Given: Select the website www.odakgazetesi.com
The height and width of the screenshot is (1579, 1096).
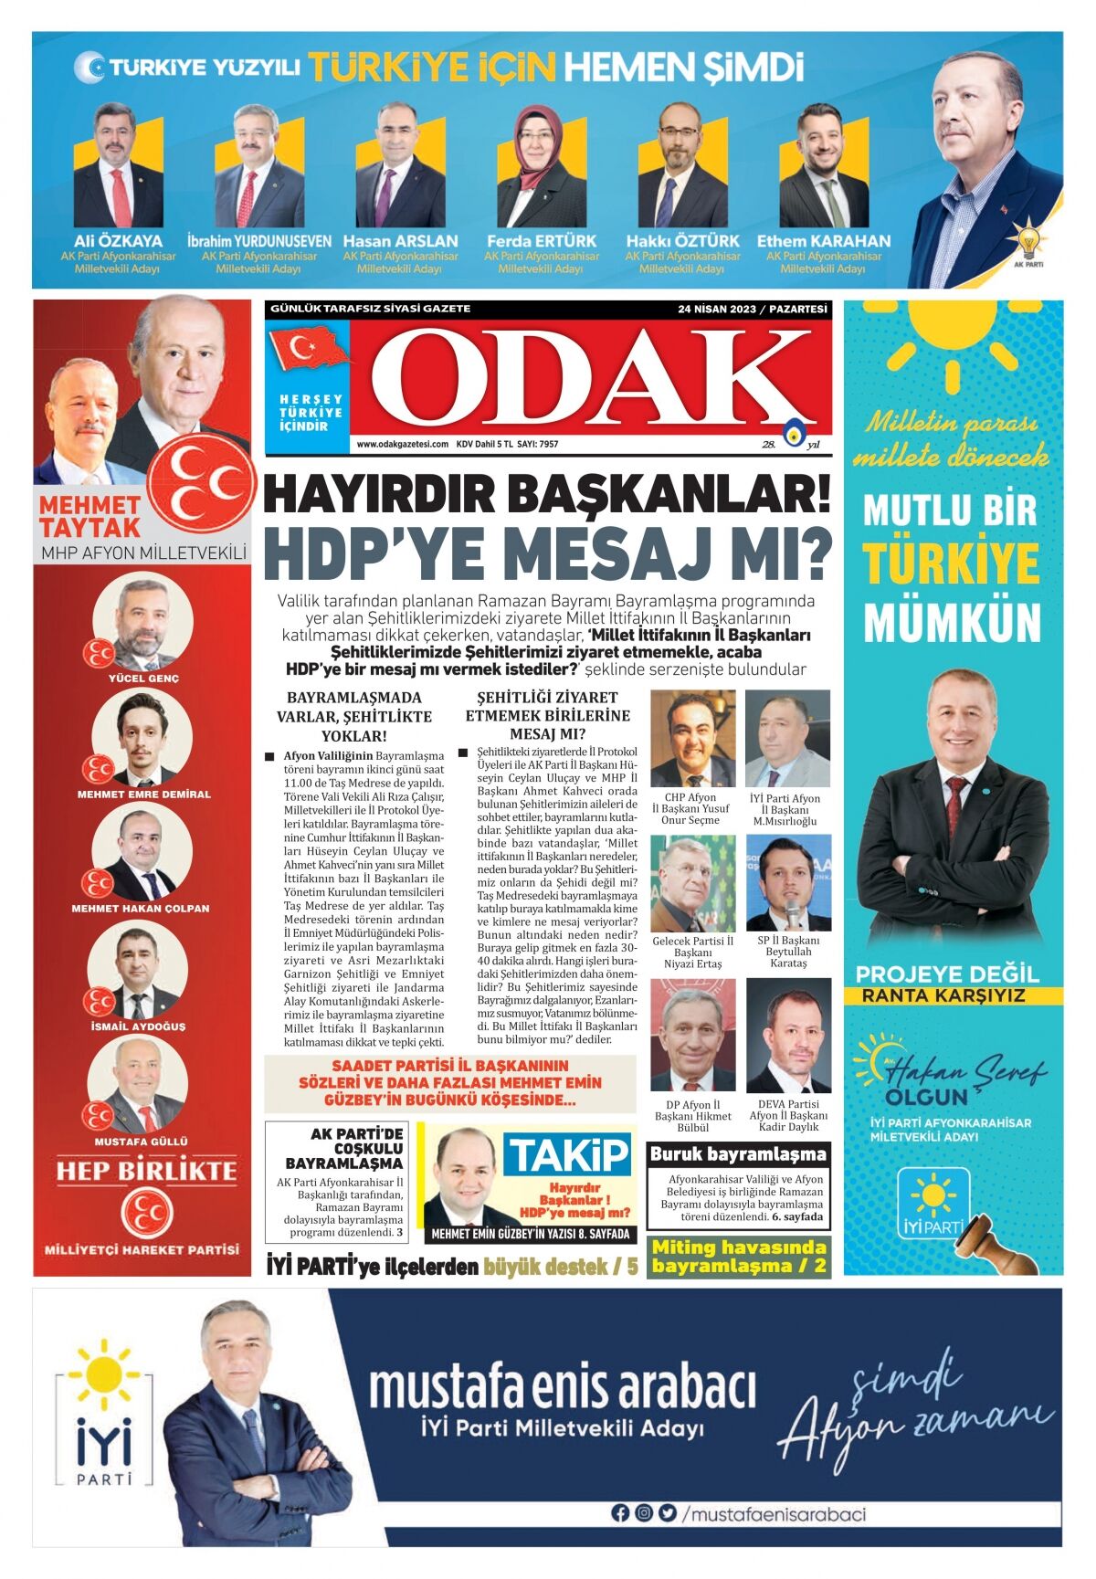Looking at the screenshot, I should click(x=402, y=445).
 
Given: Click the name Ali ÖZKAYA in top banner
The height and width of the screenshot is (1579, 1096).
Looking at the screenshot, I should click(x=118, y=241).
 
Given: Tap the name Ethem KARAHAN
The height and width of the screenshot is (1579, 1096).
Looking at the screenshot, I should click(x=823, y=241).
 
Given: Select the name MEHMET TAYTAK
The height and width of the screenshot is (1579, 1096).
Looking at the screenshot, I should click(x=90, y=516).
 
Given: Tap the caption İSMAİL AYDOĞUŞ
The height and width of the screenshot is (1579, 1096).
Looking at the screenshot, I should click(x=138, y=1026).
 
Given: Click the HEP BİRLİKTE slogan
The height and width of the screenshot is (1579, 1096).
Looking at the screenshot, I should click(x=146, y=1171).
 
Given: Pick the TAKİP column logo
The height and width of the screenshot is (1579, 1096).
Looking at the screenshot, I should click(x=567, y=1155).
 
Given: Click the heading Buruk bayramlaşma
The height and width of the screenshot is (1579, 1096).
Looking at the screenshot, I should click(x=738, y=1154).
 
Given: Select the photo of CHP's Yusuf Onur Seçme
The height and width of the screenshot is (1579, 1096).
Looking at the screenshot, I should click(x=692, y=739).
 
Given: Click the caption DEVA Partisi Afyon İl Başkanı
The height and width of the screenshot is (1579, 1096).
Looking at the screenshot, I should click(x=788, y=1110).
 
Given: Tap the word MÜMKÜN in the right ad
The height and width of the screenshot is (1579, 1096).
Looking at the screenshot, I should click(x=952, y=624).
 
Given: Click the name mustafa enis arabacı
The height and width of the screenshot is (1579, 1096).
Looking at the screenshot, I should click(x=562, y=1386).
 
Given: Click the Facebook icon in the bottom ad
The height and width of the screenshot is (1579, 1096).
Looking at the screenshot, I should click(x=620, y=1513).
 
